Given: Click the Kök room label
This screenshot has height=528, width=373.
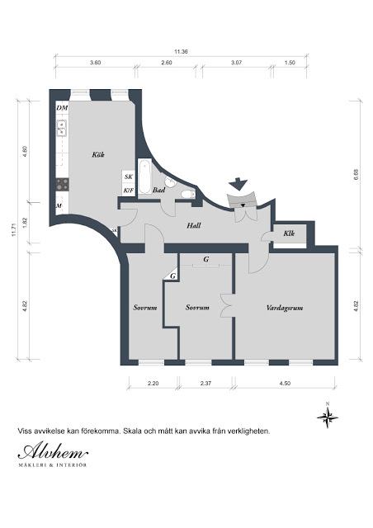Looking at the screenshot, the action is pyautogui.click(x=98, y=154).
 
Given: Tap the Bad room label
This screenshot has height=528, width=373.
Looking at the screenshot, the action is pyautogui.click(x=158, y=190).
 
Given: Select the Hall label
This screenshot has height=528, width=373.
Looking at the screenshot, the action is pyautogui.click(x=194, y=225).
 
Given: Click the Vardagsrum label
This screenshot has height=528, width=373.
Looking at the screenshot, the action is pyautogui.click(x=285, y=308).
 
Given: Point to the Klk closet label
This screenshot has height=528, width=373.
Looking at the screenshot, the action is pyautogui.click(x=289, y=233).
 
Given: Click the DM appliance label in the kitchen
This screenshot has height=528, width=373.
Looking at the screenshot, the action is pyautogui.click(x=63, y=108).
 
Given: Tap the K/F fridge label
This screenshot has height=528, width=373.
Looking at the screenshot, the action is pyautogui.click(x=129, y=191).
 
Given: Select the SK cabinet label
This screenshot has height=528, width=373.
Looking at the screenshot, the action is pyautogui.click(x=129, y=177).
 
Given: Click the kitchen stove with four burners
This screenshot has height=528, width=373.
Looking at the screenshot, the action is pyautogui.click(x=63, y=185).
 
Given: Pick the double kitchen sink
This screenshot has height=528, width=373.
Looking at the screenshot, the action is pyautogui.click(x=61, y=129).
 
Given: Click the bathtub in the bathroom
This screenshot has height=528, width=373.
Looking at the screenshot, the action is pyautogui.click(x=145, y=177).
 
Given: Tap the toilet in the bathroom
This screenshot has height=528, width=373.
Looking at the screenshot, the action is pyautogui.click(x=187, y=194).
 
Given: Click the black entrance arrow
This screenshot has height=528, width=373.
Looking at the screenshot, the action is pyautogui.click(x=238, y=184).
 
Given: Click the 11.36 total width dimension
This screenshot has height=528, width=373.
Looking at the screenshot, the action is pyautogui.click(x=181, y=52).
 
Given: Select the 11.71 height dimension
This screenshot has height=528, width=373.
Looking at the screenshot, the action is pyautogui.click(x=13, y=229).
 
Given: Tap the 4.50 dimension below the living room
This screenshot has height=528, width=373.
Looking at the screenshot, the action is pyautogui.click(x=285, y=383).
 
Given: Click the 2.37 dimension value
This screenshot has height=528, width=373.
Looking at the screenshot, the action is pyautogui.click(x=205, y=383).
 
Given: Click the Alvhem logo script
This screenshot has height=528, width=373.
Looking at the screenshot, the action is pyautogui.click(x=53, y=450).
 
